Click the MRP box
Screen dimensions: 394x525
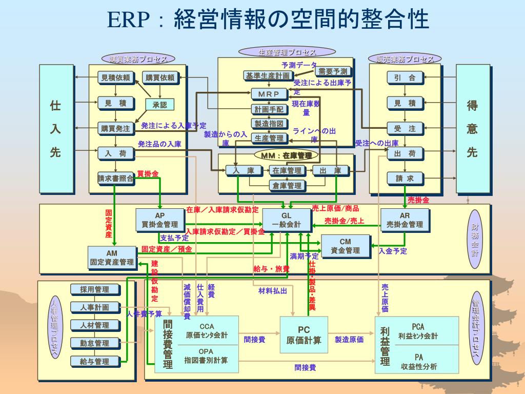click(269, 94)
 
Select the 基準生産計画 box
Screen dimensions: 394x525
click(268, 75)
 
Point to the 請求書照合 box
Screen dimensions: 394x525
click(116, 179)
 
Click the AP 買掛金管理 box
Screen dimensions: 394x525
click(160, 220)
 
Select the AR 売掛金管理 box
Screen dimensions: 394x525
click(405, 220)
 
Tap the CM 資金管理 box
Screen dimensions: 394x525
click(345, 246)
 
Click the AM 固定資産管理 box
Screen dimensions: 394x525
click(112, 257)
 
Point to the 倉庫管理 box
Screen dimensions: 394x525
click(287, 185)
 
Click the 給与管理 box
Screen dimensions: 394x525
click(95, 361)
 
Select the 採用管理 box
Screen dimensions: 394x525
click(95, 289)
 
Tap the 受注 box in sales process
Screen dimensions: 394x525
click(405, 128)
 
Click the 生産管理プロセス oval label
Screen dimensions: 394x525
click(287, 52)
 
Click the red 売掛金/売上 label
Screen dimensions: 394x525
click(344, 221)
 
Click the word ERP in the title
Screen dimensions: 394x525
click(128, 21)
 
